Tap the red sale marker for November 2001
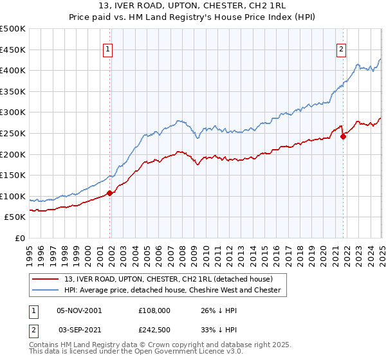[x=110, y=192]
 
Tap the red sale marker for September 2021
[x=344, y=136]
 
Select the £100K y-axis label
[x=14, y=196]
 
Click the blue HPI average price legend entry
[x=172, y=290]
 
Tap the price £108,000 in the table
[x=155, y=310]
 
